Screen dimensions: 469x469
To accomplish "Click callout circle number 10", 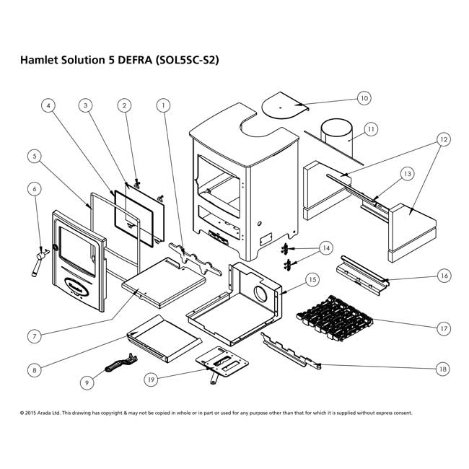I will coord(364,97).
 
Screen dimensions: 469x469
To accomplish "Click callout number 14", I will coord(326,248).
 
